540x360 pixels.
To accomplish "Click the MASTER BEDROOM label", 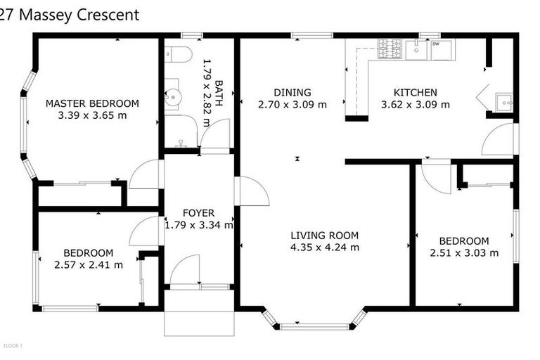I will click(x=92, y=103).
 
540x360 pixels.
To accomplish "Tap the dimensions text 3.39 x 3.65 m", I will click(x=92, y=115).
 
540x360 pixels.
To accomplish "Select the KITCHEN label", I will click(x=415, y=92).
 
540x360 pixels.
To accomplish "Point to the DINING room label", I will click(x=292, y=92).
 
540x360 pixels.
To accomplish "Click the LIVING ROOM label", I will click(x=324, y=236).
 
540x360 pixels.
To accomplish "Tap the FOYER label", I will click(x=198, y=213).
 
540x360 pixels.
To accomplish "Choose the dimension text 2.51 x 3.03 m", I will click(x=464, y=253).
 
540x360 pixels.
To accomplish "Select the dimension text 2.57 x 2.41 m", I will click(x=88, y=265).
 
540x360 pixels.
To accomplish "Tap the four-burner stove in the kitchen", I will click(x=390, y=49).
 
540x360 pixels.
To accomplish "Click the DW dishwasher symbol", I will click(x=442, y=49).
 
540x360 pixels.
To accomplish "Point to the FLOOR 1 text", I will click(x=13, y=346).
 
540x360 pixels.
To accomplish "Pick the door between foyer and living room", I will click(x=252, y=191).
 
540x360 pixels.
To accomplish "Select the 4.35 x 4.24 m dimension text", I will click(x=324, y=247).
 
